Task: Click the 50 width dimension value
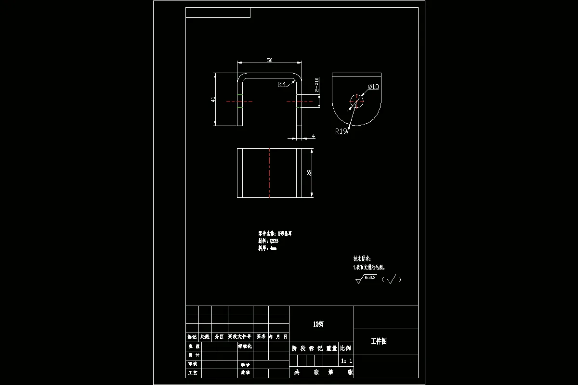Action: click(269, 60)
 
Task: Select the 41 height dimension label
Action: click(213, 100)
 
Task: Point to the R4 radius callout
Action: click(282, 85)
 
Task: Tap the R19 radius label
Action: click(342, 131)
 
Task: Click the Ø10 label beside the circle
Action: click(373, 87)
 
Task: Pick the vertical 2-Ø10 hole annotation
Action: click(316, 85)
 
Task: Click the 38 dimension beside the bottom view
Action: click(309, 172)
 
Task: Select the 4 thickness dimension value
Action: click(314, 137)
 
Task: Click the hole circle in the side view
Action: click(356, 101)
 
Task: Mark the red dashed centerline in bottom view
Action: click(269, 173)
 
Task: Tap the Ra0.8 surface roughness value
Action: click(370, 277)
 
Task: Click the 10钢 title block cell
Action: click(318, 324)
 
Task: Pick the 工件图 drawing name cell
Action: click(379, 342)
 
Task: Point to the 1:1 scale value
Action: click(346, 360)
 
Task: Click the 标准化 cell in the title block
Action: click(245, 346)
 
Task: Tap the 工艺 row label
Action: click(192, 372)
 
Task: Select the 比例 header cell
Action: click(346, 348)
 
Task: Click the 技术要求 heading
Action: click(362, 258)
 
